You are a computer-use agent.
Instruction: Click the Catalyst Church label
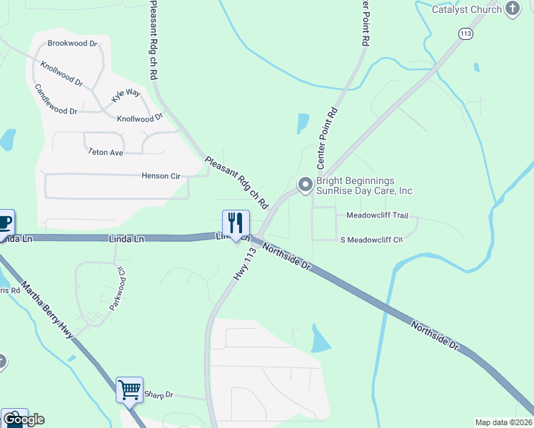coord(466,9)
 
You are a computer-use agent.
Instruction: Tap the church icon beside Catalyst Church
coord(512,9)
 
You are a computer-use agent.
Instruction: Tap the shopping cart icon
coord(129,389)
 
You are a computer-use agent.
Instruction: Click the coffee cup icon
coord(4,222)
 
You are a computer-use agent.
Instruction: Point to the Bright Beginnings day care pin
coord(306,185)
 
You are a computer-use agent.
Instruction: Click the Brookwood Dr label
coord(72,44)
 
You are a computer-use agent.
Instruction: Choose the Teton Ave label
coord(106,152)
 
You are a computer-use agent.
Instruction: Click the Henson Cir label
coord(160,175)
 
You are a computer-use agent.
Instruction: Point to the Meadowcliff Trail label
coord(376,215)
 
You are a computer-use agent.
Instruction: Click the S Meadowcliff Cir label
coord(371,240)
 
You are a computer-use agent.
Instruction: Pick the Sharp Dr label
coord(158,394)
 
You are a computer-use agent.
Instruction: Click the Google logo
coord(24,419)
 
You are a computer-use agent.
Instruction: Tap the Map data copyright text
coord(504,422)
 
